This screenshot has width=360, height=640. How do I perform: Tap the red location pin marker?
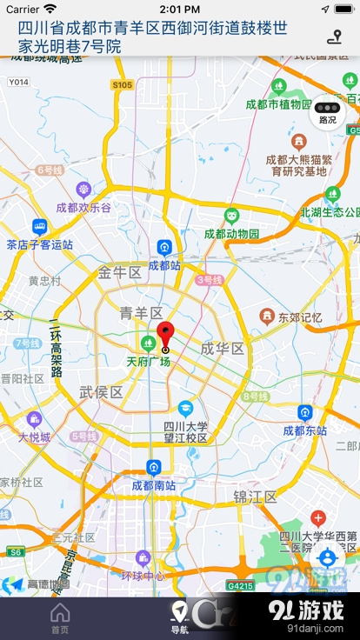(165, 334)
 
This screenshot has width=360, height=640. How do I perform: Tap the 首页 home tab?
(60, 618)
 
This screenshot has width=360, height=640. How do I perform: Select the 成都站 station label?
(163, 264)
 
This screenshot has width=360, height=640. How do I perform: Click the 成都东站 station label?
(304, 430)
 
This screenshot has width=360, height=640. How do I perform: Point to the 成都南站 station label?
(153, 484)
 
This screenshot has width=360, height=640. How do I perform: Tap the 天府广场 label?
(148, 361)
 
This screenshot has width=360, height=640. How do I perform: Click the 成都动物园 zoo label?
(231, 233)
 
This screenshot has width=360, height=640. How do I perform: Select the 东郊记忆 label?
(299, 317)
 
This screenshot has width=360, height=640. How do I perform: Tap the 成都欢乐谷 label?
(83, 207)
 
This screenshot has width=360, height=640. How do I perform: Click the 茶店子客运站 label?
(38, 244)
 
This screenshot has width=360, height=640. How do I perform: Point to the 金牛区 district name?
(119, 272)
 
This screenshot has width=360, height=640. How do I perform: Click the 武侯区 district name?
(101, 392)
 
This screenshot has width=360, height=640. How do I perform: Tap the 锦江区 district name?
(255, 497)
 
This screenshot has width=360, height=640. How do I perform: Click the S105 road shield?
(122, 84)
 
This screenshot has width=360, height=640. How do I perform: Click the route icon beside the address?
(334, 37)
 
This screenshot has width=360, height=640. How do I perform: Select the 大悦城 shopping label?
(35, 437)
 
